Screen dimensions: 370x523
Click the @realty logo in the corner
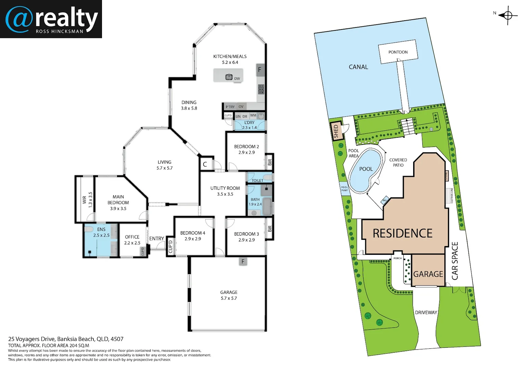[x=51, y=19]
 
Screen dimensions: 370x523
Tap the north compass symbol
[x=508, y=15]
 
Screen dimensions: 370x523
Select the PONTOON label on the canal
[x=398, y=52]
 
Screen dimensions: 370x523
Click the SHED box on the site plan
[x=336, y=131]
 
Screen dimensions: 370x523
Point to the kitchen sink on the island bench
[x=229, y=77]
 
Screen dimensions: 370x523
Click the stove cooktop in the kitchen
[x=261, y=89]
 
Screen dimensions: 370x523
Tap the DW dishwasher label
[x=237, y=79]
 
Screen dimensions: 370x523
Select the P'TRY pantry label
[x=230, y=107]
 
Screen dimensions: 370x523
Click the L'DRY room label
[x=249, y=123]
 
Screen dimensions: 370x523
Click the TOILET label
[x=257, y=181]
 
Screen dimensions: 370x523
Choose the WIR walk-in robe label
[x=84, y=200]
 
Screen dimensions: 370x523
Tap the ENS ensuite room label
[x=101, y=230]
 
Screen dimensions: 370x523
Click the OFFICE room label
[x=132, y=237]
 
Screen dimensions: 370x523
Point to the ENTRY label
[x=156, y=238]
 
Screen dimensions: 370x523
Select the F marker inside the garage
[x=243, y=262]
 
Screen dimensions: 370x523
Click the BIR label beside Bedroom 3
[x=270, y=229]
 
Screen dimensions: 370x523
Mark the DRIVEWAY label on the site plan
[x=426, y=312]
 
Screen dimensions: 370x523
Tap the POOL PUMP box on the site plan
[x=344, y=189]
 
